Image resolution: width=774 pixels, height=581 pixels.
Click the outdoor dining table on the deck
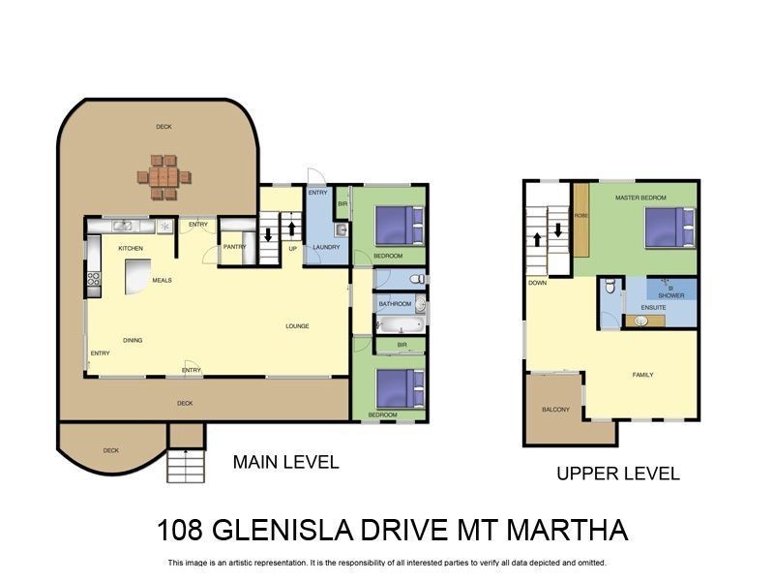(163, 177)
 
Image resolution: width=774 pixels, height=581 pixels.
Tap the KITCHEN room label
(131, 249)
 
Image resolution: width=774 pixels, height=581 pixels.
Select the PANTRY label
(234, 247)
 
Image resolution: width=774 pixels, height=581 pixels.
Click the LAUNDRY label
(325, 247)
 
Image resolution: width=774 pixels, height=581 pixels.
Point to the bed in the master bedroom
(670, 229)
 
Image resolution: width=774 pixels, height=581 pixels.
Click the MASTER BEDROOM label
(640, 198)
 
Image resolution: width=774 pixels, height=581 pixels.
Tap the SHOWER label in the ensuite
(670, 295)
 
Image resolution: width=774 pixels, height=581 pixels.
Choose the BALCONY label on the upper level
(555, 410)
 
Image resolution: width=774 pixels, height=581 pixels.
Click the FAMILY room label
(642, 375)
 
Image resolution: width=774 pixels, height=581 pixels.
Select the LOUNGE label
(297, 326)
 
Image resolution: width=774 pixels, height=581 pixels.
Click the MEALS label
(162, 281)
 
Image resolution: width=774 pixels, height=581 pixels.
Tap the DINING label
(133, 340)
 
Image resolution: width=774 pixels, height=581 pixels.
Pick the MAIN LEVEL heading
(285, 463)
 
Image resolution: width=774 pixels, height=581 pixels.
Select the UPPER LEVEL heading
(617, 474)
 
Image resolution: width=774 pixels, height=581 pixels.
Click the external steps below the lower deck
(186, 466)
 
